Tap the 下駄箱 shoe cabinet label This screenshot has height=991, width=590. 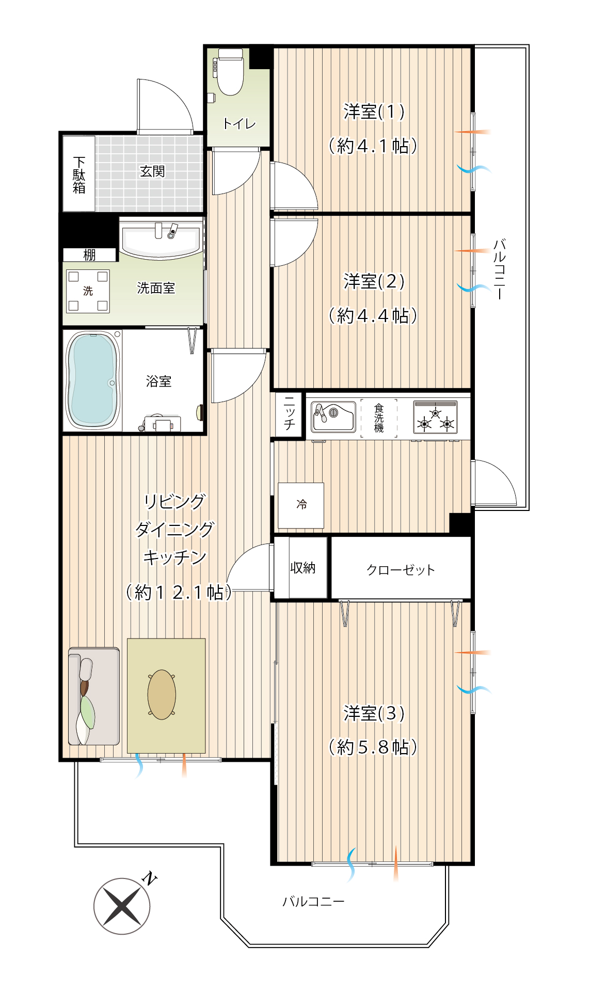pyautogui.click(x=79, y=174)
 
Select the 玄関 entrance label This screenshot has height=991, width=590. pyautogui.click(x=152, y=171)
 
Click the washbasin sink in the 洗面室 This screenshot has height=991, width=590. pyautogui.click(x=161, y=239)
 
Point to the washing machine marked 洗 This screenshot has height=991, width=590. pyautogui.click(x=88, y=291)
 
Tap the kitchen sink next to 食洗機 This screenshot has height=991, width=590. pyautogui.click(x=333, y=417)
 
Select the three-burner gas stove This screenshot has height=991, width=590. pyautogui.click(x=435, y=417)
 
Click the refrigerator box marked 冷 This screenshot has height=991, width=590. pyautogui.click(x=301, y=505)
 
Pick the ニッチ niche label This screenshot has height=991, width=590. pyautogui.click(x=290, y=413)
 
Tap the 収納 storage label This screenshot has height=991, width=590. pyautogui.click(x=303, y=568)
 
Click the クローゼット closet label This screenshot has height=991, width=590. pyautogui.click(x=401, y=570)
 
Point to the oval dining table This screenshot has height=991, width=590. pyautogui.click(x=162, y=695)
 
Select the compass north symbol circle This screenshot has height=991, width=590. pyautogui.click(x=122, y=906)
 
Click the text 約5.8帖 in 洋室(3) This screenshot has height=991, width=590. pyautogui.click(x=373, y=747)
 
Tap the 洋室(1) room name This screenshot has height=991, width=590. pyautogui.click(x=374, y=111)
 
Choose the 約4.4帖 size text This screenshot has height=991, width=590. pyautogui.click(x=373, y=315)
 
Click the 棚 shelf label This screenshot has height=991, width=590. pyautogui.click(x=89, y=255)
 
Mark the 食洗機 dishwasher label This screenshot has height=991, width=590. pyautogui.click(x=379, y=418)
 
